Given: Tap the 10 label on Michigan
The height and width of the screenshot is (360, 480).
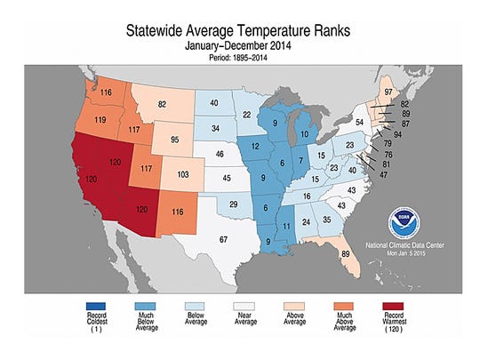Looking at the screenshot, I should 328,134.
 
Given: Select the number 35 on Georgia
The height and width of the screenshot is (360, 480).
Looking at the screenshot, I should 327,219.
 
